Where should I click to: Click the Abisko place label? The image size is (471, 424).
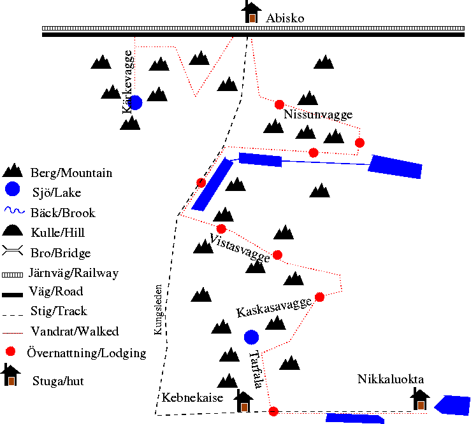(285, 18)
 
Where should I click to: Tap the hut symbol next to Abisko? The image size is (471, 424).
(251, 12)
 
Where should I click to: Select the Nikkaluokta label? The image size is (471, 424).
(391, 379)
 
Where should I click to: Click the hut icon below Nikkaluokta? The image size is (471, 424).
(420, 399)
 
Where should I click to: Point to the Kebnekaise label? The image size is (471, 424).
(192, 398)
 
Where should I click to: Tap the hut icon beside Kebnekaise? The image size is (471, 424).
(243, 400)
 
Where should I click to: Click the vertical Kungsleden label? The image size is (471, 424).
(158, 309)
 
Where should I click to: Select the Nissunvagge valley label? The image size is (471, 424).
(318, 115)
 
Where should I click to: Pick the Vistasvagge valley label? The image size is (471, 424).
(240, 248)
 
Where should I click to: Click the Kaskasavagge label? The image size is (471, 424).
(273, 307)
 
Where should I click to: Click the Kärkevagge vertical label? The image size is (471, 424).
(127, 82)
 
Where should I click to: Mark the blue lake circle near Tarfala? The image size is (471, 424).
(251, 337)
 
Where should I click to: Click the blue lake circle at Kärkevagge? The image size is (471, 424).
(135, 102)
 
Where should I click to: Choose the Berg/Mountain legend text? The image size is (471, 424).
(71, 173)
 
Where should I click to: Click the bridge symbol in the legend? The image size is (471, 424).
(12, 250)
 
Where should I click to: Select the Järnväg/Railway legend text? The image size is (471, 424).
(73, 273)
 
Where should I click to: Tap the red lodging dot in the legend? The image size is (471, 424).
(11, 351)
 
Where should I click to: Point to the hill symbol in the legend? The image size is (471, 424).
(12, 230)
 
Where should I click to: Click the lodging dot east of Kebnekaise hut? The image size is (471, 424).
(273, 411)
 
